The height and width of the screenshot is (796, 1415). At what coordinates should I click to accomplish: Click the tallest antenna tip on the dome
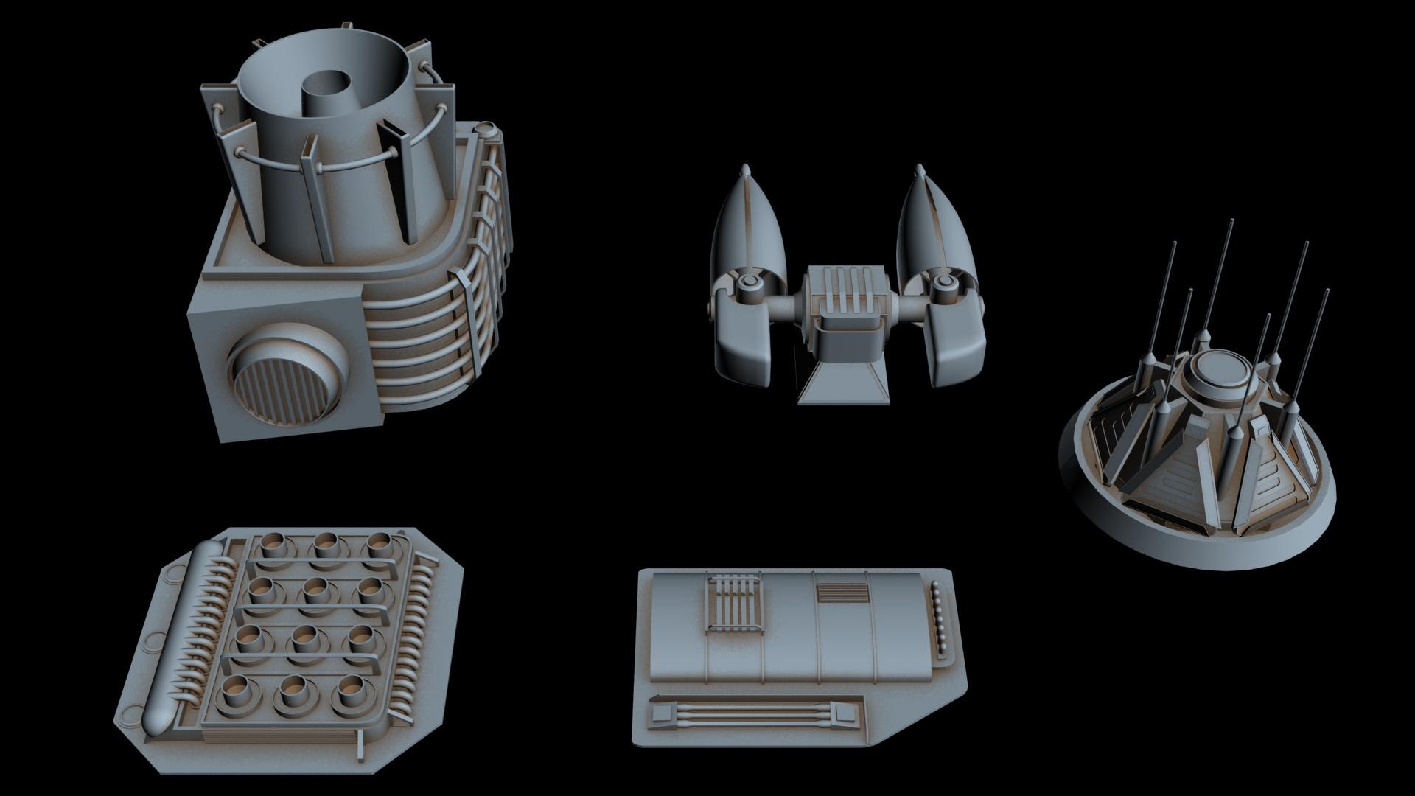tap(1231, 222)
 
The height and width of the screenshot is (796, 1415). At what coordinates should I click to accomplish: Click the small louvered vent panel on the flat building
tap(841, 594)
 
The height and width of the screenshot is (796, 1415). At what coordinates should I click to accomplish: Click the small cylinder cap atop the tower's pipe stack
tap(484, 130)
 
